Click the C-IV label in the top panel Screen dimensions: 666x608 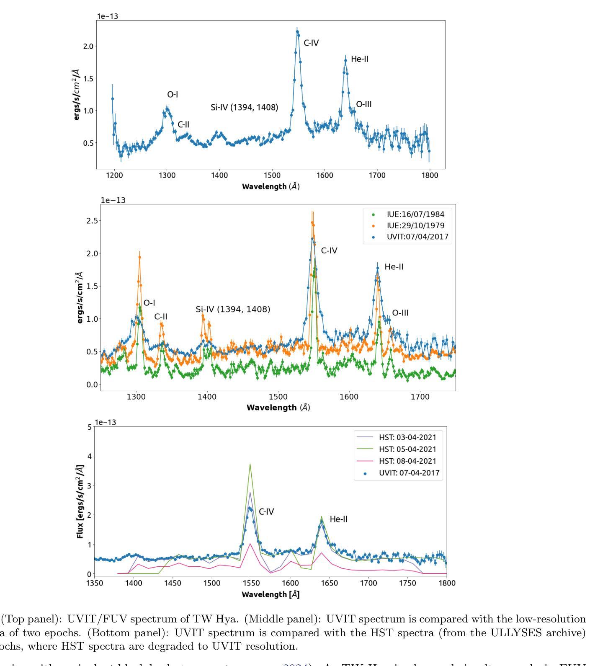(311, 43)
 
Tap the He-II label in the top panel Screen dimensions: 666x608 (359, 59)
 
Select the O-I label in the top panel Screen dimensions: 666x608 (173, 95)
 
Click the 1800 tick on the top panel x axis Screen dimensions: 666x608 (430, 176)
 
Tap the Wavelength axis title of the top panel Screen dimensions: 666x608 (271, 186)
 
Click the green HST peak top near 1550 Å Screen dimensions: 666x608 (250, 464)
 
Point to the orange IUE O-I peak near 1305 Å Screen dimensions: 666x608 (139, 257)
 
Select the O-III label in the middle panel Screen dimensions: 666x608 (400, 313)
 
